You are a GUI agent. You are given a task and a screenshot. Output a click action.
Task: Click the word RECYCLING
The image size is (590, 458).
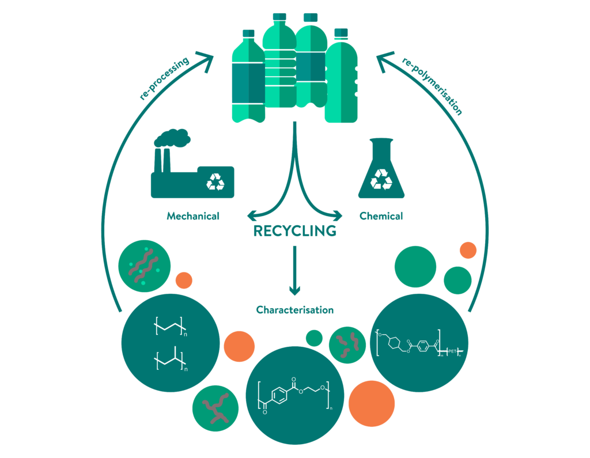pyautogui.click(x=294, y=232)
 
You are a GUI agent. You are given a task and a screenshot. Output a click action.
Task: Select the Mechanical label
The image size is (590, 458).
pyautogui.click(x=193, y=217)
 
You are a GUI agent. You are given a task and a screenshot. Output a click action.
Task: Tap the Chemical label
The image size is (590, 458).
pyautogui.click(x=381, y=217)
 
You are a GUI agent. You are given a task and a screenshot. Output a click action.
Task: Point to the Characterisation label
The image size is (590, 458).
pyautogui.click(x=294, y=310)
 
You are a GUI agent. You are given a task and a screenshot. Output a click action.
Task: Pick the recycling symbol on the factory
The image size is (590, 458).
pyautogui.click(x=215, y=183)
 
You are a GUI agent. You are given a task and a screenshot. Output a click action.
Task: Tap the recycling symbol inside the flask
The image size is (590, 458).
pyautogui.click(x=381, y=179)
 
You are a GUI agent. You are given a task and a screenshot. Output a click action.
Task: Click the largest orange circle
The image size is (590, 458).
pyautogui.click(x=371, y=403)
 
